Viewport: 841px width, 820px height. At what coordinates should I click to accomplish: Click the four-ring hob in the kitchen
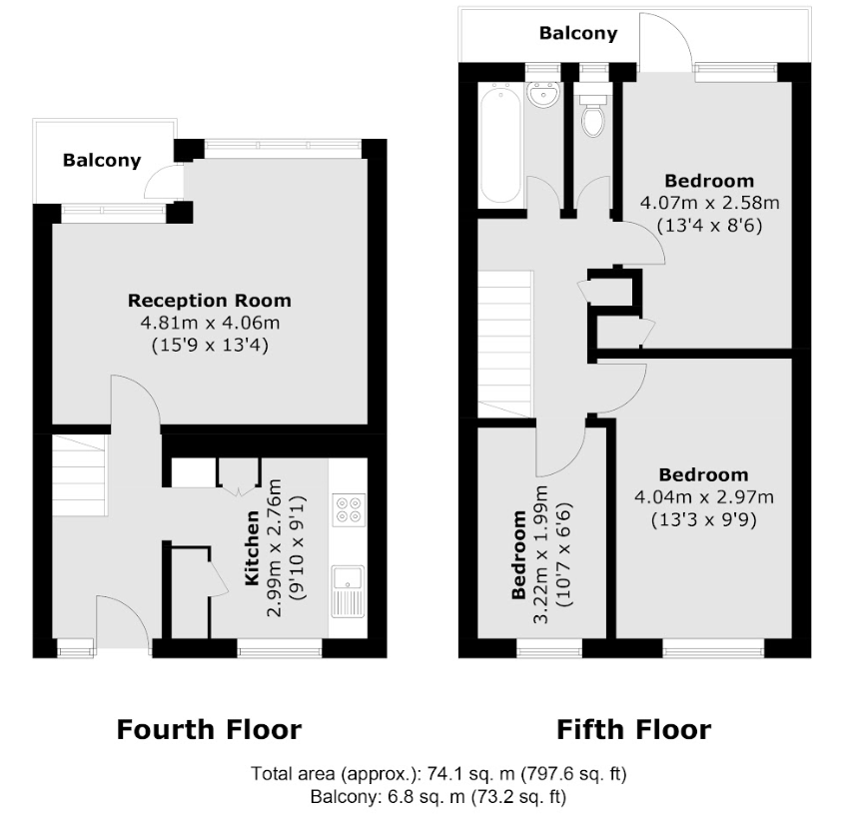[x=349, y=509]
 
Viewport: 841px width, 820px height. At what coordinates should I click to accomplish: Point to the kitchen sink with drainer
[x=348, y=591]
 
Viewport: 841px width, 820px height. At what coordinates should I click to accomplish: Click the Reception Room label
[x=209, y=301]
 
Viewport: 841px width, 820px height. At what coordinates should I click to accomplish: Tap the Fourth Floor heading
[x=209, y=729]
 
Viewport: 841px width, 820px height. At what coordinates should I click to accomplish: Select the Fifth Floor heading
[x=634, y=729]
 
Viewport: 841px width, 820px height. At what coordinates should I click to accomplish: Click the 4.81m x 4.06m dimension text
[x=210, y=323]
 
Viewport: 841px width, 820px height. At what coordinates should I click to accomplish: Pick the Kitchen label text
[x=251, y=547]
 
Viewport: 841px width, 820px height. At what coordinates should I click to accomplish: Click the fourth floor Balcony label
[x=102, y=161]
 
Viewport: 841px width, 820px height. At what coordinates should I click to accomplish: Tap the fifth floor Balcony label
[x=578, y=33]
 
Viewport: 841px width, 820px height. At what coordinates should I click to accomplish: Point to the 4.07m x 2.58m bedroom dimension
[x=709, y=203]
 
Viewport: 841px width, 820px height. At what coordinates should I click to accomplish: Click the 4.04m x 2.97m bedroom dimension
[x=704, y=497]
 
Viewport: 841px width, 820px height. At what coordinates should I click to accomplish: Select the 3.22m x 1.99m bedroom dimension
[x=541, y=554]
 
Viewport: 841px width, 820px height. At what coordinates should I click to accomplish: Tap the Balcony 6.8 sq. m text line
[x=438, y=797]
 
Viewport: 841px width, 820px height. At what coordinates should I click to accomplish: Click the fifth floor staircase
[x=505, y=344]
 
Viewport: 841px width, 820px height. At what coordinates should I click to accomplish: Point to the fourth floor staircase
[x=80, y=475]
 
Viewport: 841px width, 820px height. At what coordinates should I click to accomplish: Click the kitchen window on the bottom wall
[x=280, y=650]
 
